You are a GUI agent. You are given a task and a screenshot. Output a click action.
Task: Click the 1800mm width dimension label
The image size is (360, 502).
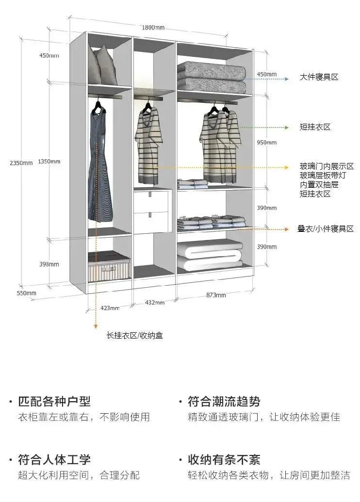point(153,27)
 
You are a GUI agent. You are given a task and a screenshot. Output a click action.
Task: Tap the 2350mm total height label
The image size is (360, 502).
point(21,162)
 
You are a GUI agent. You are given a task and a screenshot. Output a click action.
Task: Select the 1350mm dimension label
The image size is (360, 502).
point(49,161)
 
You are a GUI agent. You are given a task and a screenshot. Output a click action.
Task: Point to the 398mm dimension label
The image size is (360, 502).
point(49,264)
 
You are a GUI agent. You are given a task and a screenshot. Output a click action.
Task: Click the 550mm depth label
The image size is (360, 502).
point(26,293)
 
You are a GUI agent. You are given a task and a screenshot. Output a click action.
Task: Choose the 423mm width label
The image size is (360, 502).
point(110,308)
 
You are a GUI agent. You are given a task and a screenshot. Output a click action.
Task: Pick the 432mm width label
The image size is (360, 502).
point(154,302)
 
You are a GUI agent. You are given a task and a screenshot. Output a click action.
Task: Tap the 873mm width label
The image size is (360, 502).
point(216,295)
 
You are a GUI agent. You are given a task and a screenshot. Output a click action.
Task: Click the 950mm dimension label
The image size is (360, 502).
point(266,143)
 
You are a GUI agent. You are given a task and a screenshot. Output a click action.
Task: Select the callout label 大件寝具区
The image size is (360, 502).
point(318,77)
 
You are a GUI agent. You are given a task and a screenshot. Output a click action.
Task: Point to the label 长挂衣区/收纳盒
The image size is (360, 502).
point(135,335)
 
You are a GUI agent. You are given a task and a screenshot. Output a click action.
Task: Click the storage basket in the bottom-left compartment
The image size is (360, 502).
point(110,268)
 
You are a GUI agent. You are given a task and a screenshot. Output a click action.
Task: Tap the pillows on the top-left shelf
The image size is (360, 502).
point(102,67)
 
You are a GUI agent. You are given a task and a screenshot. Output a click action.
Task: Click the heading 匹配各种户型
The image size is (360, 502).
point(54,402)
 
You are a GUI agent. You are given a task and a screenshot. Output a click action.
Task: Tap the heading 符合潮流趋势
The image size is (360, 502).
point(224,402)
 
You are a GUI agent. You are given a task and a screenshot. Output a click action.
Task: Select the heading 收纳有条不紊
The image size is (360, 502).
point(224,459)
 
